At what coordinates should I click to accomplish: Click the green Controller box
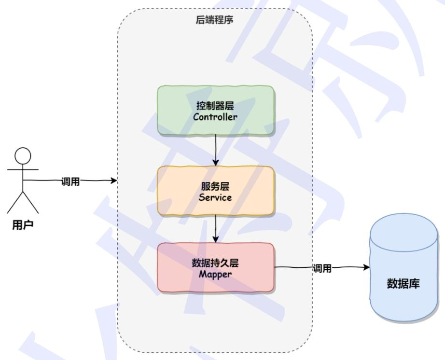[215, 110]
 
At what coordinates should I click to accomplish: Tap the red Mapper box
[215, 268]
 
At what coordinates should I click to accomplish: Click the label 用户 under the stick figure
[23, 225]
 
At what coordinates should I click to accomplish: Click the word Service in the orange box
[216, 197]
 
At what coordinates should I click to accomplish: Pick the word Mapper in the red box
[216, 274]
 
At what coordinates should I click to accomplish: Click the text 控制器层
[216, 106]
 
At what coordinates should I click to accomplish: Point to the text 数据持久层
[216, 263]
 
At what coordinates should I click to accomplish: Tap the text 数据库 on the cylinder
[403, 283]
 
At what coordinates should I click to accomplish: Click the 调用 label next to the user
[70, 181]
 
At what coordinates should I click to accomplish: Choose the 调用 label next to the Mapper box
[322, 268]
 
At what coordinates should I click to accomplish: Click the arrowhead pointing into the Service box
[216, 163]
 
